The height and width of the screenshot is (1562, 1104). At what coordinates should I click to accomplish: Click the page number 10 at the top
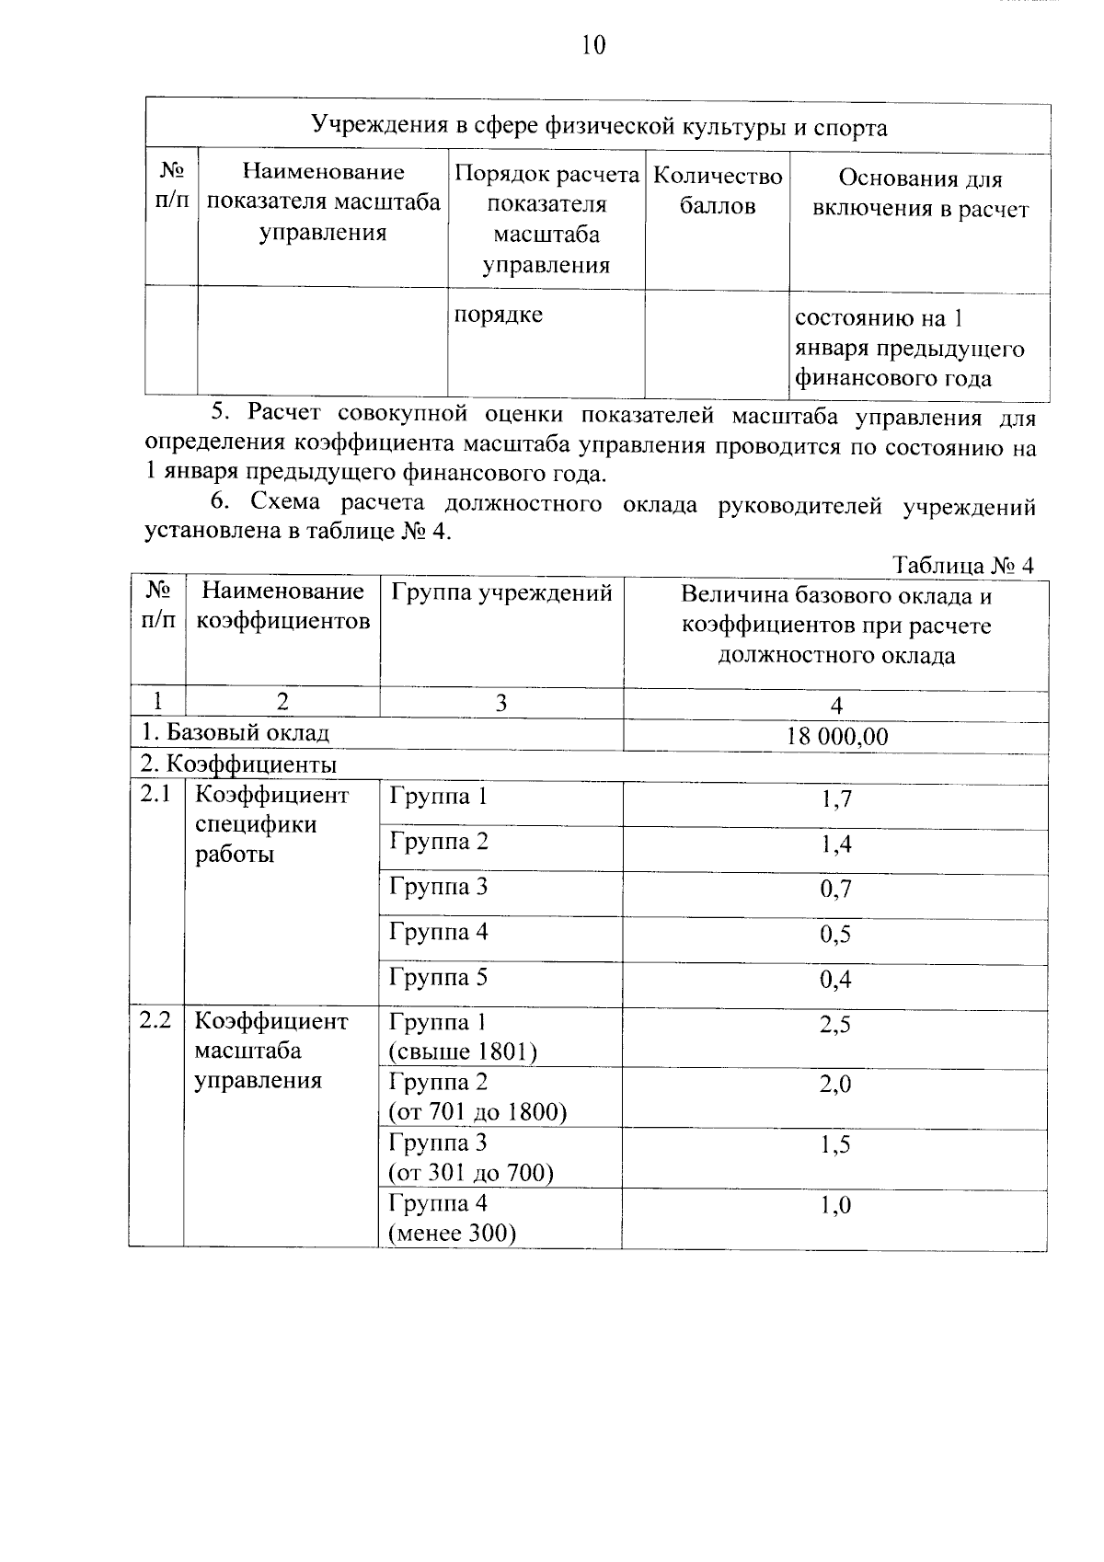(x=593, y=45)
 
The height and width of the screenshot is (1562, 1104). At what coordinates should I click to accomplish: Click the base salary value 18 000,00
(x=836, y=736)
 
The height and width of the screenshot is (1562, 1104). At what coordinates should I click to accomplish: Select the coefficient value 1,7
(x=836, y=799)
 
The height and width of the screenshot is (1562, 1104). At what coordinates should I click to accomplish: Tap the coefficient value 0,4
(x=836, y=980)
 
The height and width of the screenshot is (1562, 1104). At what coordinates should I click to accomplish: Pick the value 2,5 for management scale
(x=835, y=1025)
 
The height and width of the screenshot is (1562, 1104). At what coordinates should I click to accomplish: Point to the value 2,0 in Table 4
(x=835, y=1085)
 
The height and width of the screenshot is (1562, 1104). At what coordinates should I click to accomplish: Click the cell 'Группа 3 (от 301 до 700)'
(x=471, y=1157)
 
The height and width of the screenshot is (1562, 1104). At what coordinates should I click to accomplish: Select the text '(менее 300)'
(x=452, y=1234)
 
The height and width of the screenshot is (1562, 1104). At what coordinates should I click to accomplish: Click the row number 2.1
(x=156, y=795)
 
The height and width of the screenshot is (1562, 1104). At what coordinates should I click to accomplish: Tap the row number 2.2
(x=156, y=1020)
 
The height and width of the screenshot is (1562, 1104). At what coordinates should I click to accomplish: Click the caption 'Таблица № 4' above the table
(x=963, y=565)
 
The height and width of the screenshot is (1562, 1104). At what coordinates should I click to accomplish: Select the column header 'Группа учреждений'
(x=501, y=593)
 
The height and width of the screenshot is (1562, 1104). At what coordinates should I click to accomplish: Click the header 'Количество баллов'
(x=718, y=190)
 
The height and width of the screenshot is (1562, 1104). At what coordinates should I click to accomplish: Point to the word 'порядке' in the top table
(x=499, y=315)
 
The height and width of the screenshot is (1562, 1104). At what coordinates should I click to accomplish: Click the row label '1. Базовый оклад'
(x=235, y=733)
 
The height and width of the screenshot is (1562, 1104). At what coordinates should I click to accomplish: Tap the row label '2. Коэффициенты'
(x=238, y=764)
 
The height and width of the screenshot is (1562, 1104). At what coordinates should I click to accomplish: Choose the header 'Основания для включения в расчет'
(x=920, y=194)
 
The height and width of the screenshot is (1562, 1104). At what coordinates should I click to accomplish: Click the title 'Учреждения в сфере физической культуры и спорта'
(x=598, y=126)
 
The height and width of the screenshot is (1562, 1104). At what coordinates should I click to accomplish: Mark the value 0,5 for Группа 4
(x=836, y=935)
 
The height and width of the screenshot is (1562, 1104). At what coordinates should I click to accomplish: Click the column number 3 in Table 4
(x=500, y=704)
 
